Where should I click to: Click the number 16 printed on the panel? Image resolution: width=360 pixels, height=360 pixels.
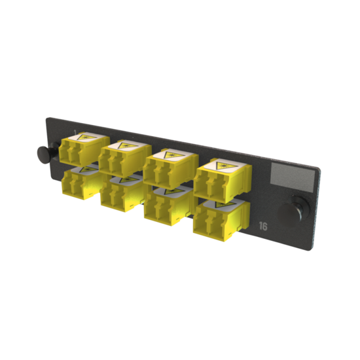click(x=263, y=228)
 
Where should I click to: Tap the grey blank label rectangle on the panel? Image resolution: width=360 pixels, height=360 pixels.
click(x=291, y=175)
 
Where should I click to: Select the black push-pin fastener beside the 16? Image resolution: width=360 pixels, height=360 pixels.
click(x=290, y=213)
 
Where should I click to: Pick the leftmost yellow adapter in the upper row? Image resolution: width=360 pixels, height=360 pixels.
click(x=81, y=150)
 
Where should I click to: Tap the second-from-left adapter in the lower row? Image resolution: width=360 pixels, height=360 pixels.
click(x=120, y=192)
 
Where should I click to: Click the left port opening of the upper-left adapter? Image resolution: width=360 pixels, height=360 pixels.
click(x=70, y=156)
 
